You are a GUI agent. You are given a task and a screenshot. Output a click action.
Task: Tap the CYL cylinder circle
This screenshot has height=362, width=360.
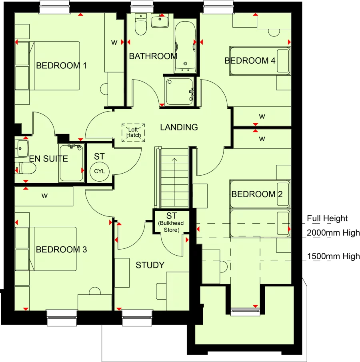[x=99, y=171]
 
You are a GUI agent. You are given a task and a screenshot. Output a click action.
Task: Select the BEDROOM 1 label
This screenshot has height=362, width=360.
[x=61, y=66]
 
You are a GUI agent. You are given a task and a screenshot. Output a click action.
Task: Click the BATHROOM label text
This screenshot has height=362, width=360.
[x=153, y=56]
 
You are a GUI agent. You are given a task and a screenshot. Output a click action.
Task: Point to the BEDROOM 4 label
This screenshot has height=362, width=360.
[x=250, y=61]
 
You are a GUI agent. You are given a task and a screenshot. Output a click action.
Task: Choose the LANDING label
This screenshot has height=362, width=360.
[x=179, y=128]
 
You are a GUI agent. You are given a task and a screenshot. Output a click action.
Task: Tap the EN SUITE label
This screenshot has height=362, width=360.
[x=48, y=159]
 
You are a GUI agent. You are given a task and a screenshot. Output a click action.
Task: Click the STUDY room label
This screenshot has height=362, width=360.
[x=150, y=265]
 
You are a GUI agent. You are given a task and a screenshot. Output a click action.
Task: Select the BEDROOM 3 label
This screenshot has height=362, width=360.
[x=61, y=250]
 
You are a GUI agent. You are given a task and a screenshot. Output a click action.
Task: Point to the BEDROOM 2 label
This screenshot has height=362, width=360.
[x=257, y=194]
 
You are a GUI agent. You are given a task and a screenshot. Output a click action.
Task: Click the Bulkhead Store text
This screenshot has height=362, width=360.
[x=171, y=226]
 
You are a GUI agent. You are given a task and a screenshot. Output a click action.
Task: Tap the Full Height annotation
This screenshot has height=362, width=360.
[x=327, y=218]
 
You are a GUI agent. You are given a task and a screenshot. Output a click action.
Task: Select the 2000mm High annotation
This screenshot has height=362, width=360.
[x=333, y=232]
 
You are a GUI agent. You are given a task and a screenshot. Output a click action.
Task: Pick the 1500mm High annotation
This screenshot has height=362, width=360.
[x=333, y=256]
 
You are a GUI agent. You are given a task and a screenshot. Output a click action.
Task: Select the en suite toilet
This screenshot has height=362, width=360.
[x=27, y=169]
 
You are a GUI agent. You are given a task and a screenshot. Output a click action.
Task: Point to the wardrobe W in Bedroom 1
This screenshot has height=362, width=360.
[x=114, y=43]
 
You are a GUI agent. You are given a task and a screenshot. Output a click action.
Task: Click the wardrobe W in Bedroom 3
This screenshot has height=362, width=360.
[x=44, y=196]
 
